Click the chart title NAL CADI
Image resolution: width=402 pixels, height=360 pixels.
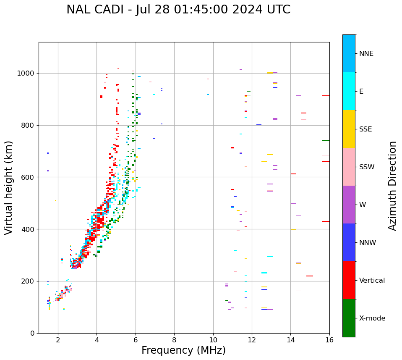coord(178,10)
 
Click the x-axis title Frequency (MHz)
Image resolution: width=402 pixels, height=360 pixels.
coord(183,350)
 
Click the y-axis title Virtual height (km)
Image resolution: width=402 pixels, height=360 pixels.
coord(9,188)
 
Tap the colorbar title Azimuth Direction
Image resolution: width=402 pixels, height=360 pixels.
coord(392,186)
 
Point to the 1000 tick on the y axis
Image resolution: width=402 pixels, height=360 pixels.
coord(28,73)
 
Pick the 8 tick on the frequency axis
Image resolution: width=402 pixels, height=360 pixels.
coord(174,339)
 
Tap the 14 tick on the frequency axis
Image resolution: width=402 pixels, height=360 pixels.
coord(290,339)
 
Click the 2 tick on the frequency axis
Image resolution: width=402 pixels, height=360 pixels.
coord(58,339)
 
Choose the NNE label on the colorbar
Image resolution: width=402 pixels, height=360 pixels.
coord(366,54)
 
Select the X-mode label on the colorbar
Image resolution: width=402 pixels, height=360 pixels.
coord(372,318)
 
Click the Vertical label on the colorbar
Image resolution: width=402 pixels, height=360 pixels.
coord(372,281)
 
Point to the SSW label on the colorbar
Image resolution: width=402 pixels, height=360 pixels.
coord(367,167)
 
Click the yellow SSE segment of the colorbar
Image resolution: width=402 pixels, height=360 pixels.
coord(349,129)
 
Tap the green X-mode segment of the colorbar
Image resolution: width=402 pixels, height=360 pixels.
coord(349,318)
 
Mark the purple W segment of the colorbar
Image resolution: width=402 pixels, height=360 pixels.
coord(349,205)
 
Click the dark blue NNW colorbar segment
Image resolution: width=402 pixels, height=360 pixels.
coord(349,242)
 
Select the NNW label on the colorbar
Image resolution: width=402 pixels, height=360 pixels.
coord(368,243)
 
